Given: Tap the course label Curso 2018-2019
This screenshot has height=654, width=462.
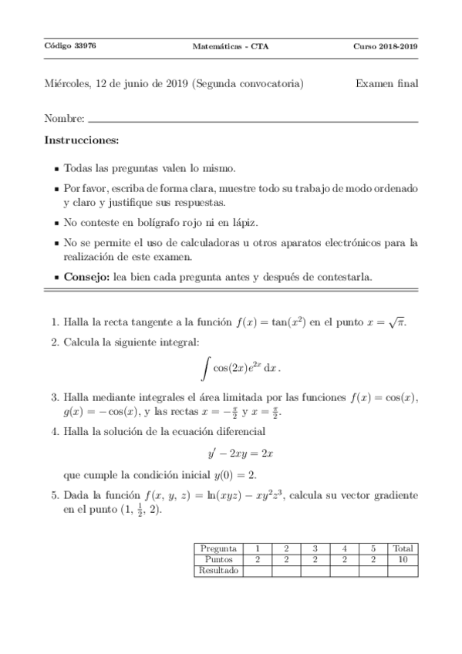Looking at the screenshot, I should pyautogui.click(x=386, y=46).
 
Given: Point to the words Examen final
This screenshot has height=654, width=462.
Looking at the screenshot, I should pyautogui.click(x=386, y=84).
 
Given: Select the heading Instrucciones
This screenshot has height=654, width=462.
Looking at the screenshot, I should pyautogui.click(x=82, y=141).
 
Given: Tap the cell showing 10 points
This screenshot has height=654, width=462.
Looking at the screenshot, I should pyautogui.click(x=403, y=560).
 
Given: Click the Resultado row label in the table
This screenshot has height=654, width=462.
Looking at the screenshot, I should pyautogui.click(x=218, y=571).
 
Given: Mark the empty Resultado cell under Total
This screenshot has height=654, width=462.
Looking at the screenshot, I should pyautogui.click(x=403, y=571).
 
